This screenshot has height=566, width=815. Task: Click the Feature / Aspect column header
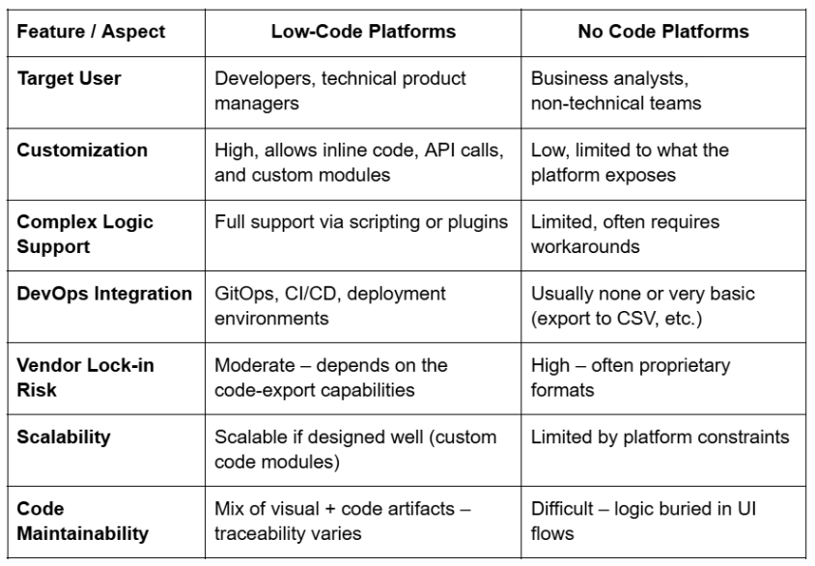[92, 32]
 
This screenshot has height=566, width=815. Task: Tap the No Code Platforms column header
[662, 32]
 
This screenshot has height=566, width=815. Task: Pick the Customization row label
[82, 151]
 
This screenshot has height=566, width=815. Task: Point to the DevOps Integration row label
[104, 294]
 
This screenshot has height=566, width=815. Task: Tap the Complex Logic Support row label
[85, 233]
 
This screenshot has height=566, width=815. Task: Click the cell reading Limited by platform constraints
[660, 437]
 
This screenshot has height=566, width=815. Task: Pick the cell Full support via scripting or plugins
[360, 222]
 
